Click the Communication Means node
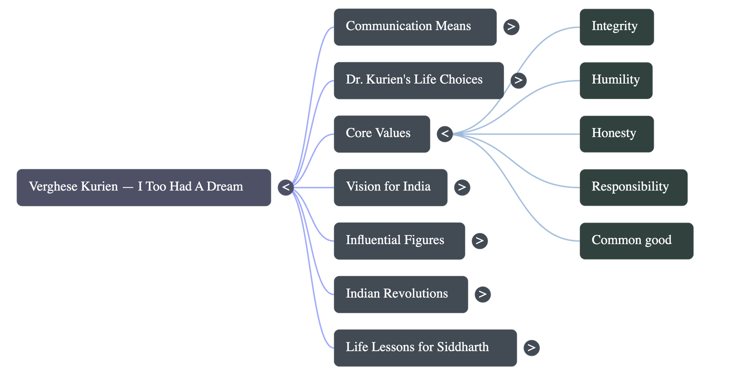coord(415,27)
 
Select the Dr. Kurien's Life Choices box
coord(418,80)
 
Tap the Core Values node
coord(382,134)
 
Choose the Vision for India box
coord(390,187)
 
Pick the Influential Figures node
coord(399,241)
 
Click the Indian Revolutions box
coord(400,294)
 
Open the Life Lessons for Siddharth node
coord(425,348)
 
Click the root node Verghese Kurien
coord(143,187)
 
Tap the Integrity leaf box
coord(616,27)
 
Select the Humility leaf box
coord(616,80)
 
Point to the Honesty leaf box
coord(616,134)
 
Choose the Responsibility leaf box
coord(633,187)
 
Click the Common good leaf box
coord(636,241)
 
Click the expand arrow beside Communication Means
coord(511,27)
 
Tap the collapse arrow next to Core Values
coord(445,134)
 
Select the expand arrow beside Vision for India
coord(462,187)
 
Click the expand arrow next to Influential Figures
coord(479,241)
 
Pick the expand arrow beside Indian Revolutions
coord(482,294)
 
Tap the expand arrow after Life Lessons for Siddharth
coord(531,348)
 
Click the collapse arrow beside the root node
coord(285,187)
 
